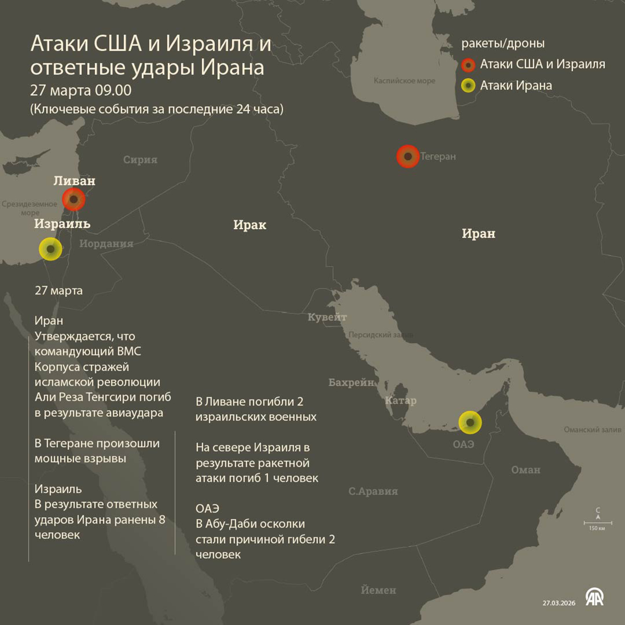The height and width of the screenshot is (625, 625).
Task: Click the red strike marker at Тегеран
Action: [408, 156]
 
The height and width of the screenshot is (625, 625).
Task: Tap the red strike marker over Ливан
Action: [74, 199]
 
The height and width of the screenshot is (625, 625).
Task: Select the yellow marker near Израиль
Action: [51, 249]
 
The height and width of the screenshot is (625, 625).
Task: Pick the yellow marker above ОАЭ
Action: [470, 422]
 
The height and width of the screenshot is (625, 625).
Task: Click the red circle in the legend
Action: [469, 65]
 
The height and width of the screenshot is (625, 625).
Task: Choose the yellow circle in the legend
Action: [469, 85]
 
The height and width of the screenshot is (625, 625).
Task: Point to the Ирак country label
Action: [249, 225]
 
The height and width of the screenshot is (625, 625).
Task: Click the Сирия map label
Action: [140, 160]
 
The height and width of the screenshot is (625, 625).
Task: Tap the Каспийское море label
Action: [404, 81]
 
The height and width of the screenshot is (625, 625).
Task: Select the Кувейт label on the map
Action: [327, 317]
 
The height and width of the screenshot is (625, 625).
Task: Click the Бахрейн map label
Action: [351, 383]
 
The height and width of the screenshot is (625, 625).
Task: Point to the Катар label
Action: [401, 401]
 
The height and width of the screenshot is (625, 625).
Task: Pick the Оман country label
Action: [526, 470]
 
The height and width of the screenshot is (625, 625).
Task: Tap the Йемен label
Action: [378, 590]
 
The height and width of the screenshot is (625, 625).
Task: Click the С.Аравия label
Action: [373, 491]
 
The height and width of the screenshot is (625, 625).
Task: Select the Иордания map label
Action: [106, 244]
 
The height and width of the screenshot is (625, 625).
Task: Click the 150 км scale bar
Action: [597, 522]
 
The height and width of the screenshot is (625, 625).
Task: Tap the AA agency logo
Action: [594, 597]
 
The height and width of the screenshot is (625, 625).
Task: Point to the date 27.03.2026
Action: [559, 603]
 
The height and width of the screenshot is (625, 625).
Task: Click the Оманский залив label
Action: [592, 430]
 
